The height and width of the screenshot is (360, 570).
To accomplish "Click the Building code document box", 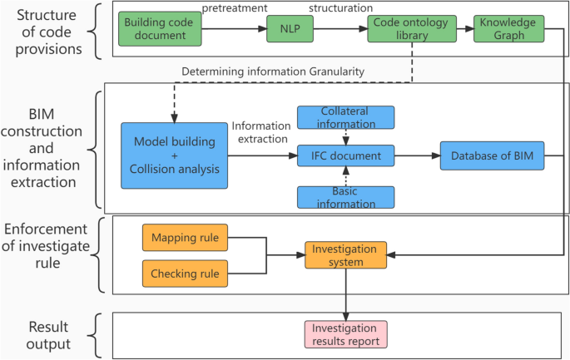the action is click(160, 29).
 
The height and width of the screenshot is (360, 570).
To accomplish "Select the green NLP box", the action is click(290, 29).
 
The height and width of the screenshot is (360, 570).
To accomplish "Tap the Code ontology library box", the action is click(412, 29).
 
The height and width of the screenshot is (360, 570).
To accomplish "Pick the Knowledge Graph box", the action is click(509, 29).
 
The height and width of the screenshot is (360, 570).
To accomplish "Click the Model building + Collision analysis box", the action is click(175, 155).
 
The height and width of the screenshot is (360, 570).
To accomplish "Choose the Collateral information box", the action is click(345, 117).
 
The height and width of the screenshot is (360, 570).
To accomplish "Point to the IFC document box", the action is click(345, 155).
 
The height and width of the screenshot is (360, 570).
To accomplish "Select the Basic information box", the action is click(345, 197).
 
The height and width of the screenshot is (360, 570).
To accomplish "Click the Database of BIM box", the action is click(493, 155).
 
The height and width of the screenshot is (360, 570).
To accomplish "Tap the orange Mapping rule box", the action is click(185, 238).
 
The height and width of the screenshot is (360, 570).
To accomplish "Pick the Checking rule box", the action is click(185, 274).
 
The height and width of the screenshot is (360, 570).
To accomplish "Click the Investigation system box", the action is click(345, 255).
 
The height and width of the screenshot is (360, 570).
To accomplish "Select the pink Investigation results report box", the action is click(345, 334).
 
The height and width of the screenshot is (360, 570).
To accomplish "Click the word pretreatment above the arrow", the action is click(235, 8).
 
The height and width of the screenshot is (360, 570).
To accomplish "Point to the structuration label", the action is click(340, 8).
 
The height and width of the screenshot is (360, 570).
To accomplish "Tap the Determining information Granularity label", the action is click(273, 72).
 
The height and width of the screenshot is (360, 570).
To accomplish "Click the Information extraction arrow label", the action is click(262, 132).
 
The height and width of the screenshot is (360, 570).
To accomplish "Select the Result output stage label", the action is click(48, 335).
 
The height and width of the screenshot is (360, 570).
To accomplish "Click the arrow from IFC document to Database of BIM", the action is click(418, 155).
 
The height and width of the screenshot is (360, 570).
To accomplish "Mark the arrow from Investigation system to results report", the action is click(345, 295).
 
